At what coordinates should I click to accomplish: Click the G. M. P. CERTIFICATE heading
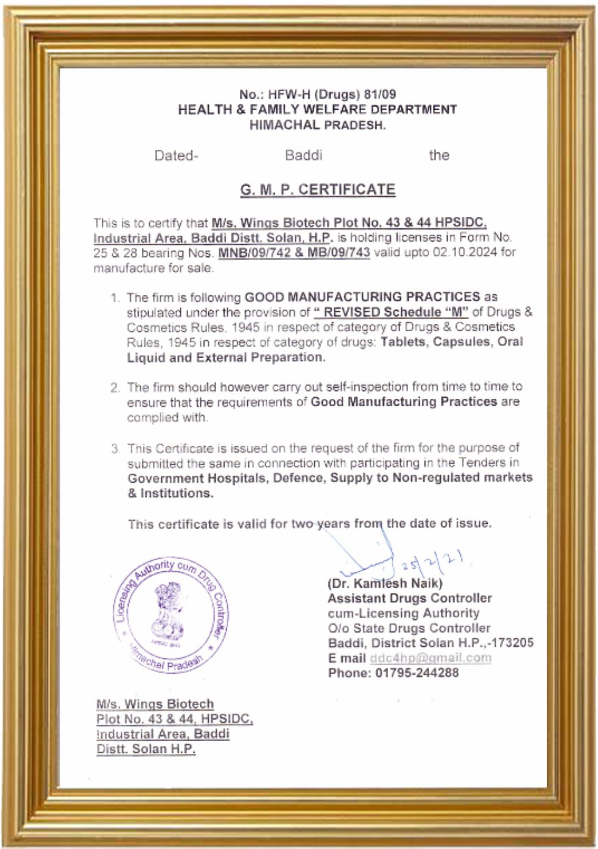317,189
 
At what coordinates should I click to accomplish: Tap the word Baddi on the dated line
303,155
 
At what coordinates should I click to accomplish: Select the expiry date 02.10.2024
465,253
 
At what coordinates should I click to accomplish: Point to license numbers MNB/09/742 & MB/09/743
294,253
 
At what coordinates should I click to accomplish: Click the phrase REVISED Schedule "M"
391,312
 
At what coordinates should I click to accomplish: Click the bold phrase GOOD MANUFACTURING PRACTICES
362,297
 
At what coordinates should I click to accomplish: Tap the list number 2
114,387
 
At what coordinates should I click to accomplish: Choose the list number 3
114,449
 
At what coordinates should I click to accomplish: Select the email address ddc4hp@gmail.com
431,658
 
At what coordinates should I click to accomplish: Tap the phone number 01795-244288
417,674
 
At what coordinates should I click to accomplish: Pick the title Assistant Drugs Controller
410,599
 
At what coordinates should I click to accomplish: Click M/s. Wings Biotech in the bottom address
155,705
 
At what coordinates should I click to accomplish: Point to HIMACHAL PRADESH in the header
317,125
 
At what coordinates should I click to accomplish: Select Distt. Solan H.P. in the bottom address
146,750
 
